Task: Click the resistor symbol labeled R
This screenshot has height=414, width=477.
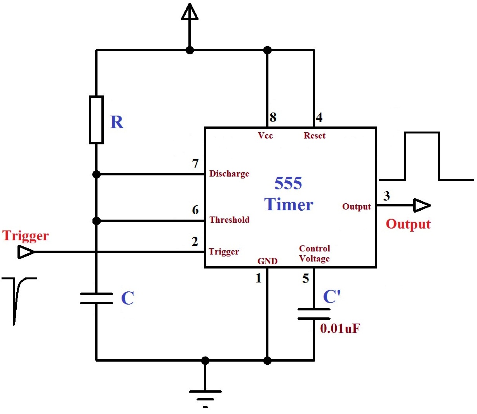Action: pos(96,120)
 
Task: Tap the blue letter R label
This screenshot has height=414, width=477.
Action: pos(117,122)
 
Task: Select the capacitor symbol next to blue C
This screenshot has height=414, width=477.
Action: pos(96,298)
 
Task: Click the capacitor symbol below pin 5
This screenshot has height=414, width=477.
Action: pos(314,314)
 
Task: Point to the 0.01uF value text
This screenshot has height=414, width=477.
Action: pos(340,329)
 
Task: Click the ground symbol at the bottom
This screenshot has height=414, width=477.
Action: pos(205,397)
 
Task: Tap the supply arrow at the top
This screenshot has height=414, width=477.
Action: pos(190,12)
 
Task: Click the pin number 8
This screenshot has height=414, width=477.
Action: pos(273,118)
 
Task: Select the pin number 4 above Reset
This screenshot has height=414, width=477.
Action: pos(319,118)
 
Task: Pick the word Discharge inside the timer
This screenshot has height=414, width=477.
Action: pos(229,173)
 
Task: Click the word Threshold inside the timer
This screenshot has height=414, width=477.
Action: pos(230,220)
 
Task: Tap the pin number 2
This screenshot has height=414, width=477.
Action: pos(195,241)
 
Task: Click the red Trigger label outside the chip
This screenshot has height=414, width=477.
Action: pos(26,236)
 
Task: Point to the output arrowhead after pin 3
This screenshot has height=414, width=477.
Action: pos(422,205)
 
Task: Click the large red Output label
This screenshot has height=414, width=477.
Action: pos(408,224)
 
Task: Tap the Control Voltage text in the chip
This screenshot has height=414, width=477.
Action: pos(315,253)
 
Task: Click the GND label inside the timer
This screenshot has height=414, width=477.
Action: pos(267,261)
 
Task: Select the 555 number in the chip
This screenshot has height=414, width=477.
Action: pos(288,184)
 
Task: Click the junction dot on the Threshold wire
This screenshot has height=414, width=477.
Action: pos(96,221)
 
